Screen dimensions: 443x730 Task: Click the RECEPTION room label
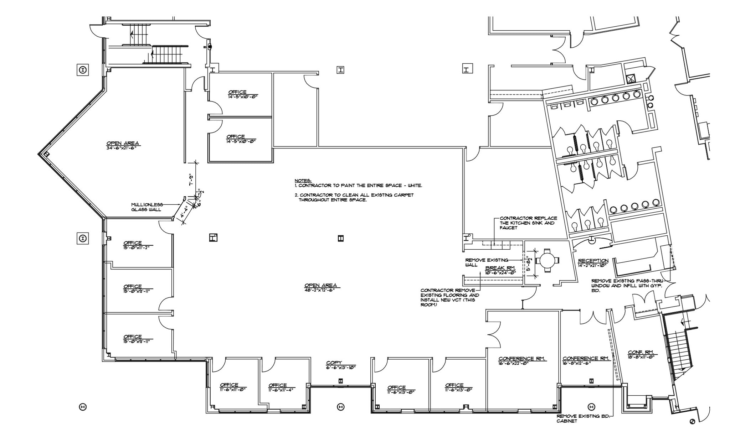[x=593, y=261]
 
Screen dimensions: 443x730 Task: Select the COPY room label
[x=334, y=363]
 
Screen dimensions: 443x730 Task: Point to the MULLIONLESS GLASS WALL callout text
[x=147, y=207]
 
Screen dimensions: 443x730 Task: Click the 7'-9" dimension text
[x=191, y=180]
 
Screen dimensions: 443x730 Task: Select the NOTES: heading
[x=303, y=181]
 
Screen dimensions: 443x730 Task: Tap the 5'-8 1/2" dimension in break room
[x=529, y=264]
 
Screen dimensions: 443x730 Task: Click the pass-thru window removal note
[x=629, y=285]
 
